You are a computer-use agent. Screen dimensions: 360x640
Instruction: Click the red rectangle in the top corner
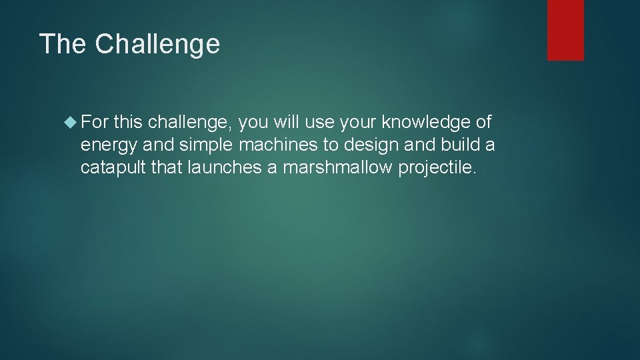565,30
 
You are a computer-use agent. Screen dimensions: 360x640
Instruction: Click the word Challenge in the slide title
157,44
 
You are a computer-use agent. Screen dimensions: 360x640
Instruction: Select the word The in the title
63,44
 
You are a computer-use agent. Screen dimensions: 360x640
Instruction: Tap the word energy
109,145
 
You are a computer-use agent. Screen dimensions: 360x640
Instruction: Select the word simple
202,145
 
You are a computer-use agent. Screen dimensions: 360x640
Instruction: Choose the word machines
280,145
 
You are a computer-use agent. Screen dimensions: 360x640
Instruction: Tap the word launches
224,168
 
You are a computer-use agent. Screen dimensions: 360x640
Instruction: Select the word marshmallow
337,168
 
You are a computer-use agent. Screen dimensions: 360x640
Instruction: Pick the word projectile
437,168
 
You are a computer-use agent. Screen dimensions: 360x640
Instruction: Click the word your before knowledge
359,123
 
